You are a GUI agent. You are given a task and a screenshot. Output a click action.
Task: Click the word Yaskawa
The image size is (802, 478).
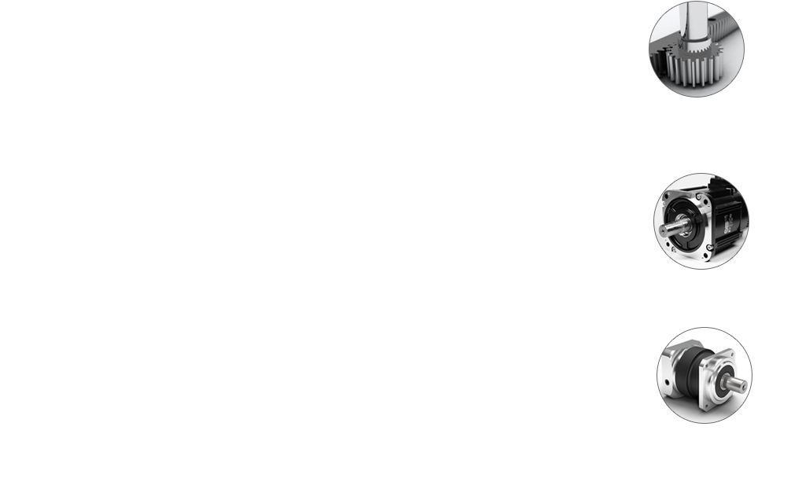[x=723, y=324]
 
